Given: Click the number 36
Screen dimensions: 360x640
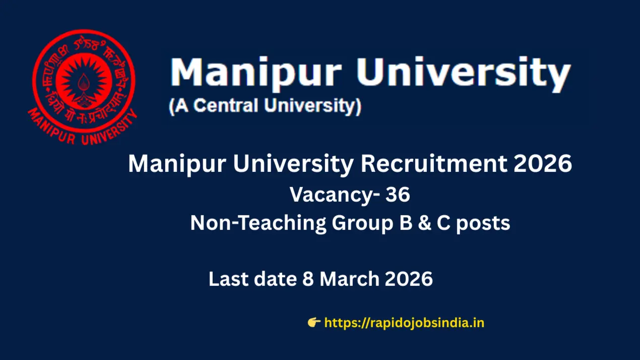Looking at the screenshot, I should point(398,196).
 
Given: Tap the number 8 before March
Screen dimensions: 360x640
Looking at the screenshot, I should point(307,279).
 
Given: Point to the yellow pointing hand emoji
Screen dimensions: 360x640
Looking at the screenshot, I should point(314,323).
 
